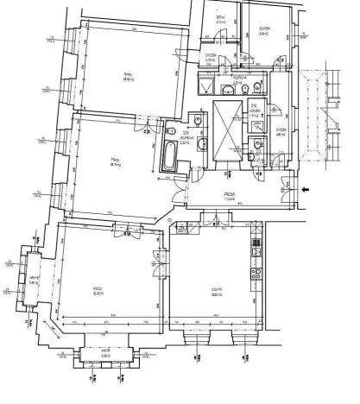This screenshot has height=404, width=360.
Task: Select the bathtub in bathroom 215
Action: point(169,157)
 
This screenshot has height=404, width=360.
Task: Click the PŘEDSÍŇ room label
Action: point(230,195)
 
